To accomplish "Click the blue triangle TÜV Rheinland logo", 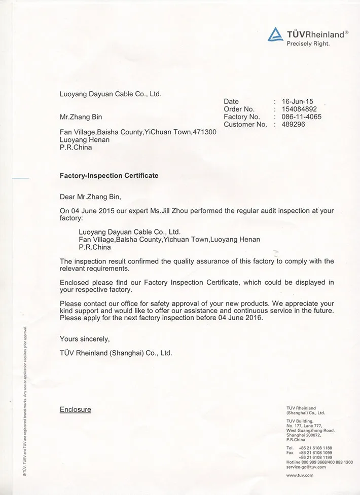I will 274,34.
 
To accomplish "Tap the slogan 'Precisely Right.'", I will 308,44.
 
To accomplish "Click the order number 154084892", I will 300,109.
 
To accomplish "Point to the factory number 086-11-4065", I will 302,117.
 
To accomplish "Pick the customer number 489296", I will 294,124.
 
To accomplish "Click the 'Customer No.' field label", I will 245,124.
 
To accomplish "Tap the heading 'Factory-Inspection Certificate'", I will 109,176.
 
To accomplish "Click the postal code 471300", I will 205,132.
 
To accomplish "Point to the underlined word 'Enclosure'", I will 76,409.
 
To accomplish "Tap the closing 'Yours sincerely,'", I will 85,338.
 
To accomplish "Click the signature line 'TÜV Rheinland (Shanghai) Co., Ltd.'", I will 116,353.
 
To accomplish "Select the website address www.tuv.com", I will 300,475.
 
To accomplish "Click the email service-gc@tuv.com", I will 306,467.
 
